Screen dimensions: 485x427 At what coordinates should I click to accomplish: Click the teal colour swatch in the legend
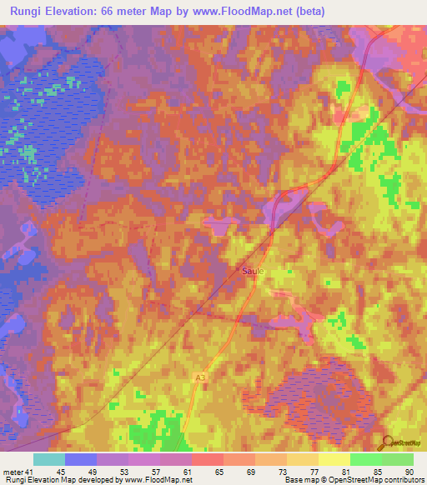(49, 459)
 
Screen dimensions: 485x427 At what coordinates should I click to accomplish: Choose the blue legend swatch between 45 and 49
(81, 459)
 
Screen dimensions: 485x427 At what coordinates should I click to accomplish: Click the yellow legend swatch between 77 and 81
(334, 459)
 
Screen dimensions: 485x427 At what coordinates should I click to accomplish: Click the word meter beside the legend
(10, 472)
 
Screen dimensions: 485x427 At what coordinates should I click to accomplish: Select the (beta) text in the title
(306, 11)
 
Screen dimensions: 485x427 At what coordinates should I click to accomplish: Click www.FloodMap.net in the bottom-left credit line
(158, 480)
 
